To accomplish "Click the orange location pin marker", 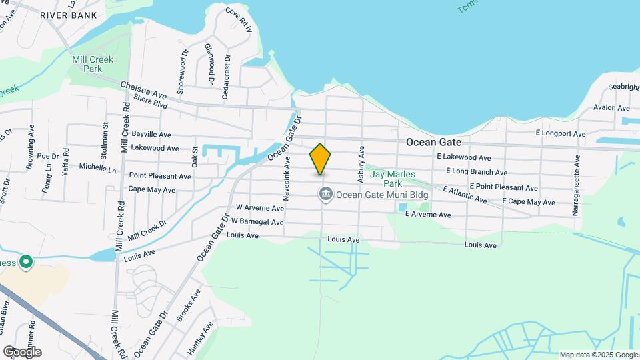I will (320, 159).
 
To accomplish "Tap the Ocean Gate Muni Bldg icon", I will (325, 195).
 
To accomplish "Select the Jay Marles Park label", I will (393, 178).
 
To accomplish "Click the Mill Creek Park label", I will (93, 64).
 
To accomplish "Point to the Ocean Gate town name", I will (434, 143).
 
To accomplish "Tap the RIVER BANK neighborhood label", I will (68, 15).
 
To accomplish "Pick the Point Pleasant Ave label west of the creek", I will (160, 176).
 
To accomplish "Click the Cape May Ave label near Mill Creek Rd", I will (151, 190).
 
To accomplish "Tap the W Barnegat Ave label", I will (258, 220).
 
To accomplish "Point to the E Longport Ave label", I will (561, 133).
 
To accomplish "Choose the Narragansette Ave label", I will (576, 185).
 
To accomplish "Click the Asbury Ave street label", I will (361, 164).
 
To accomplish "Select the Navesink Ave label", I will (287, 178).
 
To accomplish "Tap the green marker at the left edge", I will (26, 262).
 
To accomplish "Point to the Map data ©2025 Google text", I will (599, 355).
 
